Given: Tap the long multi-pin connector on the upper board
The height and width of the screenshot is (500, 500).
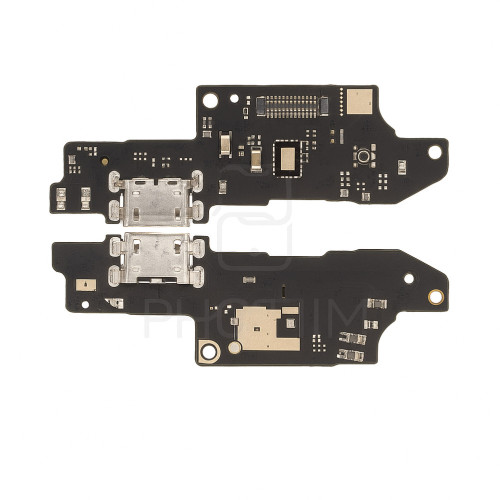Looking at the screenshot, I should (x=292, y=101).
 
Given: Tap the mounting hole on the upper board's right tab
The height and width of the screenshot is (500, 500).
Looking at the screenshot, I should (x=434, y=153).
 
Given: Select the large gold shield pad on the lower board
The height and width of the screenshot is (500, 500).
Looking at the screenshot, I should (x=261, y=328).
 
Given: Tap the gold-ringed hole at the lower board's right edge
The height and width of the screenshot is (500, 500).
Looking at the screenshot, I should (x=435, y=296).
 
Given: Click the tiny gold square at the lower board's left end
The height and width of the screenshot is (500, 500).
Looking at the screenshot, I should (x=85, y=284).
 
